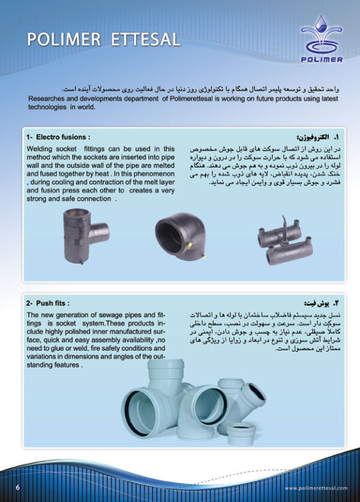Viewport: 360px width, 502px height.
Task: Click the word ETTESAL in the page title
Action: click(146, 40)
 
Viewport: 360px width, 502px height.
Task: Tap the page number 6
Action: click(18, 487)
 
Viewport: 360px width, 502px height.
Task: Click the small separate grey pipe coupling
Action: click(241, 433)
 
